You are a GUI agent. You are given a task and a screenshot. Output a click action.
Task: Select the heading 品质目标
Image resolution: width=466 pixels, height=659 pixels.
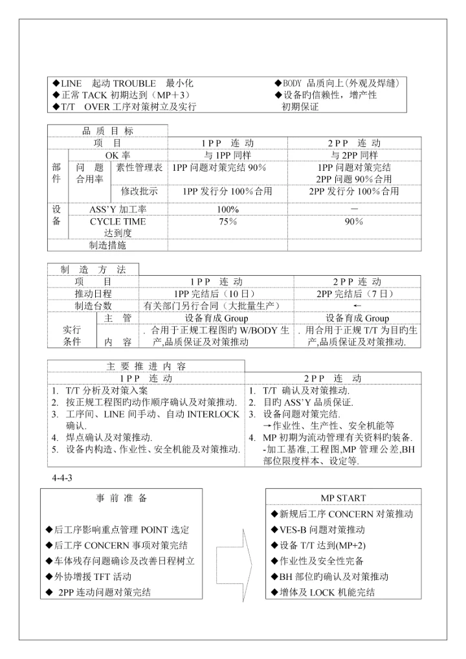tap(107, 131)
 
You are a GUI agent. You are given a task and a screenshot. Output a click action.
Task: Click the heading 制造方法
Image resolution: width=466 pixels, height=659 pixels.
tap(93, 269)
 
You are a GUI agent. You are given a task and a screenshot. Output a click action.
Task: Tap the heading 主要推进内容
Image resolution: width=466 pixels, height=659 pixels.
tap(146, 366)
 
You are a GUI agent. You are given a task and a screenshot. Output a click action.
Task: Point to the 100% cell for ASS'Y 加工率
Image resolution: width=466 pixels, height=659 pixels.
tap(228, 209)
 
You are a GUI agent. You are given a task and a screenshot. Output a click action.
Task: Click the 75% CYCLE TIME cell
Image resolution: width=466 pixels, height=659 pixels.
tap(228, 221)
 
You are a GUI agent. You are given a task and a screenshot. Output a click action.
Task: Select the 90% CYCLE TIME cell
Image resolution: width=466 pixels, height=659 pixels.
tap(354, 221)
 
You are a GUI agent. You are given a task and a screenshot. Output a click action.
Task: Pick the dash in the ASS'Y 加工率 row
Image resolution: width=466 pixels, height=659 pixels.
tap(354, 209)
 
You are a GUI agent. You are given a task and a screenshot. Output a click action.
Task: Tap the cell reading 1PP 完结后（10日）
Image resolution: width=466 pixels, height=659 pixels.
tap(216, 294)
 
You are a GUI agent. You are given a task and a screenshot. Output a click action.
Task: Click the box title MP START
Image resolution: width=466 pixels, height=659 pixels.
tap(343, 498)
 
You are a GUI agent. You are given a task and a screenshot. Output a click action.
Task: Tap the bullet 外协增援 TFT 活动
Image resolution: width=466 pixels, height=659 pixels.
tap(89, 577)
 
